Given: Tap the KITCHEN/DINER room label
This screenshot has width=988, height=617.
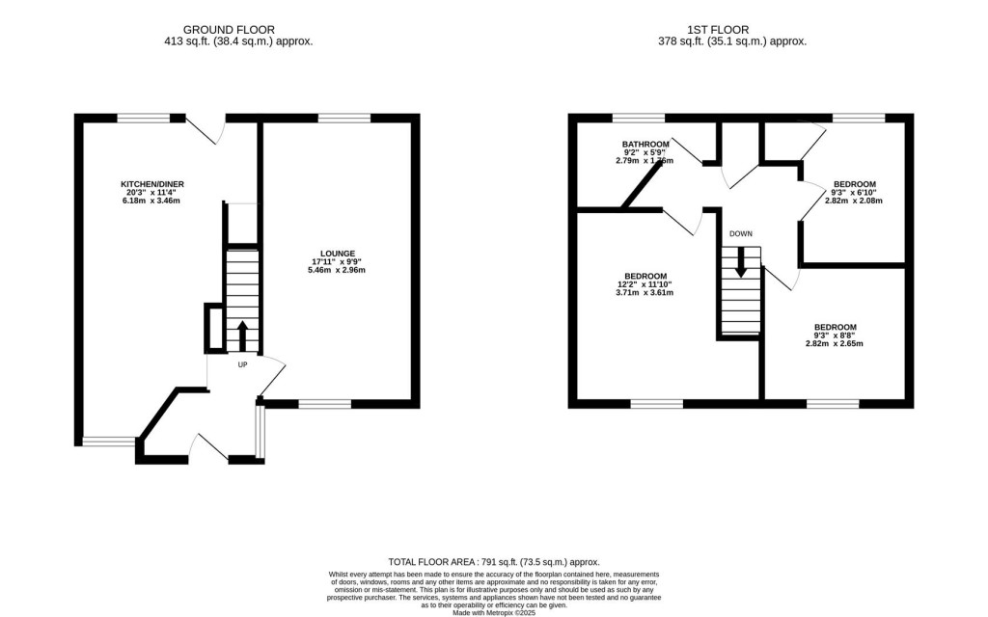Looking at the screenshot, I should [x=151, y=184].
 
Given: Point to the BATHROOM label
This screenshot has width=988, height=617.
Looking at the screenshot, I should [x=645, y=145].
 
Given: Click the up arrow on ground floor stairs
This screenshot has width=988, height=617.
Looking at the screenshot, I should [x=242, y=335].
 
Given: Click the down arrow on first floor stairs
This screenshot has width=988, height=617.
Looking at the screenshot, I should [x=740, y=262].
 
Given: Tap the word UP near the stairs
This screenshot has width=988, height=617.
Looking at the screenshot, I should [x=242, y=364].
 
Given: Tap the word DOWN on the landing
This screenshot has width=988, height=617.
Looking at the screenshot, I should [x=741, y=233].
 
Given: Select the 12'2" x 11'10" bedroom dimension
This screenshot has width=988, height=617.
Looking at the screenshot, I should [x=645, y=283].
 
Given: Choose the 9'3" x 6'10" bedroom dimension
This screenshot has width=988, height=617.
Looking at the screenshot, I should [x=855, y=193].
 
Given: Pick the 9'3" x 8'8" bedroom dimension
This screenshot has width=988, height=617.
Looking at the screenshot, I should [x=835, y=335].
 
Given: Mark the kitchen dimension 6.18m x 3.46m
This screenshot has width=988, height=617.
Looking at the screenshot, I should [x=151, y=201].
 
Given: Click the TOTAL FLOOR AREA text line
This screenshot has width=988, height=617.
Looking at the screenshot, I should [x=493, y=562].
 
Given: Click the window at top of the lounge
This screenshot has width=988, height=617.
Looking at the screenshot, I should [x=344, y=118].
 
